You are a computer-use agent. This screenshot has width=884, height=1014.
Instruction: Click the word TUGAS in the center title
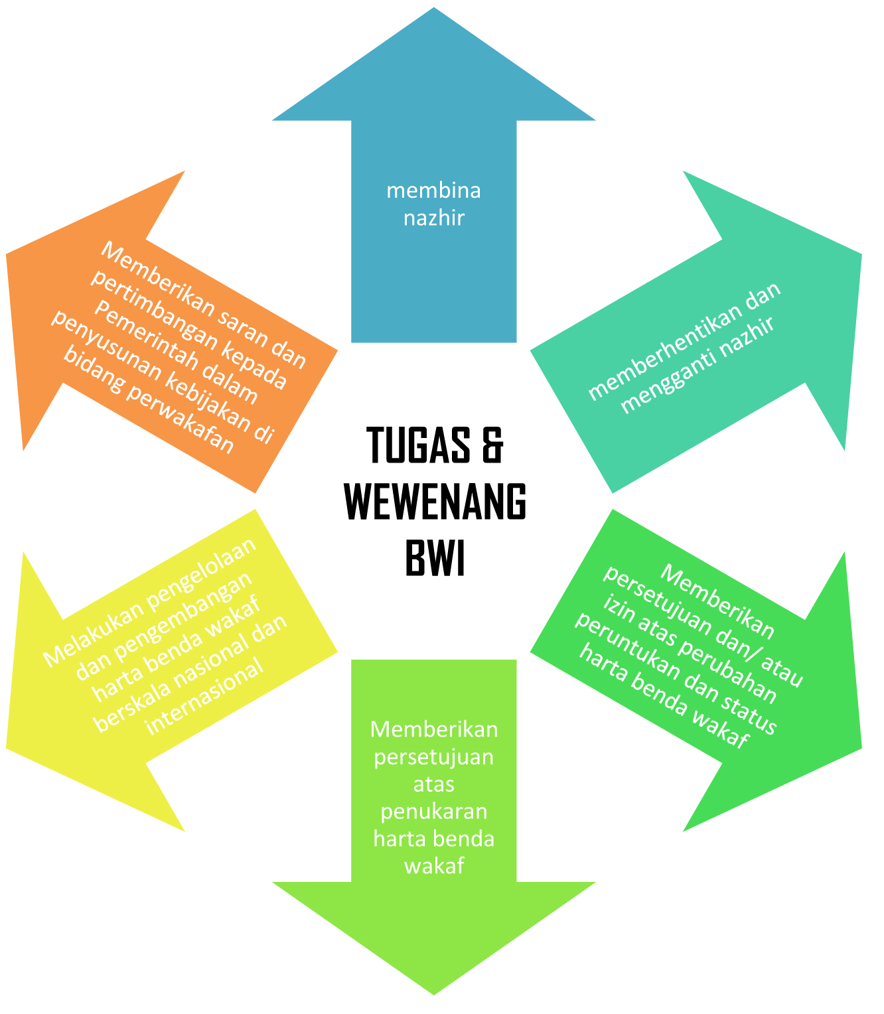[413, 445]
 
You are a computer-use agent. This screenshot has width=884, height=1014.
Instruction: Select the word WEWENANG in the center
[435, 502]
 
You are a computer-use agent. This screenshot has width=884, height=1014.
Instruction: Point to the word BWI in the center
[435, 559]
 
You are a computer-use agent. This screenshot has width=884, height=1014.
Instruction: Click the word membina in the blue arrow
[433, 191]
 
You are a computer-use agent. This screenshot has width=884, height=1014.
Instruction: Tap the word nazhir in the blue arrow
[433, 218]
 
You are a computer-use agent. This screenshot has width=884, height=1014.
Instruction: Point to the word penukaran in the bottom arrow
[434, 812]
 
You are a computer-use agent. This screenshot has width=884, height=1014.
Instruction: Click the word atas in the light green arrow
[434, 784]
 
